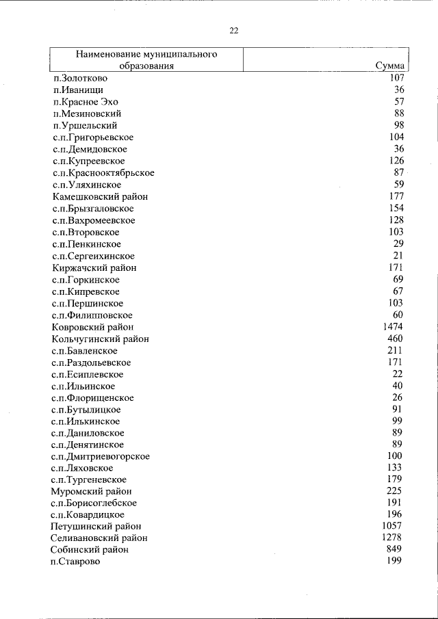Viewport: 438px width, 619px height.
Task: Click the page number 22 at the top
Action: click(233, 31)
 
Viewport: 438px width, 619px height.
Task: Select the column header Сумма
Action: click(389, 66)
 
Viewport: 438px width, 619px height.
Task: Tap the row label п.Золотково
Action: click(79, 78)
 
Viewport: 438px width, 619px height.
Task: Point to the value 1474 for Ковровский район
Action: click(393, 327)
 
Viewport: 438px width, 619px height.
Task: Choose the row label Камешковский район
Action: click(100, 196)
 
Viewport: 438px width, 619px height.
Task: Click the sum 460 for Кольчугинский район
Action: click(395, 339)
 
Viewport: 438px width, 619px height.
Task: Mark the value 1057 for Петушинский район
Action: click(393, 526)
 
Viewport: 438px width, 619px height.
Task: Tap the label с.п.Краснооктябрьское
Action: click(103, 172)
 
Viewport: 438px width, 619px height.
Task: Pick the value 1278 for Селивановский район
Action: click(393, 538)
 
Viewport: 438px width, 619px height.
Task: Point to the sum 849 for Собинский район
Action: click(395, 549)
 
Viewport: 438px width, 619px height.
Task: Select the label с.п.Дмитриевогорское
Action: click(101, 456)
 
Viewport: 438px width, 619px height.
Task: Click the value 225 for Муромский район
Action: click(395, 490)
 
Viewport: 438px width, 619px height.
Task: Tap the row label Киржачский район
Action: click(93, 267)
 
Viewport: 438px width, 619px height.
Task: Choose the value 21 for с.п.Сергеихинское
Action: click(398, 255)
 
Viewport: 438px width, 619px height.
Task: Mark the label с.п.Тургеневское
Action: click(89, 479)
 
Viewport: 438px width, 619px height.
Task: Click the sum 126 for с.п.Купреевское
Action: click(396, 161)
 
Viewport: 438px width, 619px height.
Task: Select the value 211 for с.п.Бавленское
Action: click(395, 350)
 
